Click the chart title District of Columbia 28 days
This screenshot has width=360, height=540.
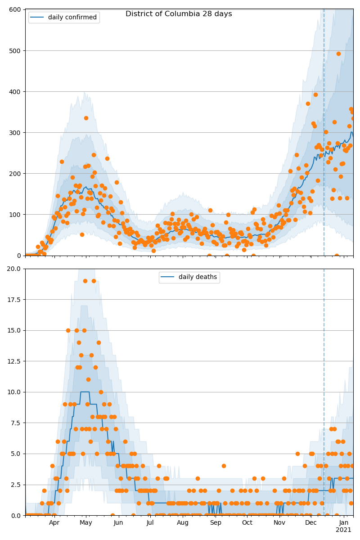pos(179,14)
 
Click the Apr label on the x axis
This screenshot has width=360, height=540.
pos(54,522)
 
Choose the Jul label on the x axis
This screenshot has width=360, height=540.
pos(150,522)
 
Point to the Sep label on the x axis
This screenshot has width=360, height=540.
pos(216,522)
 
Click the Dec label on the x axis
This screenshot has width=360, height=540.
pos(311,522)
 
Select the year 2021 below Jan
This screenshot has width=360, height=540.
pos(343,530)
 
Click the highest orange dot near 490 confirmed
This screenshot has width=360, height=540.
pos(338,54)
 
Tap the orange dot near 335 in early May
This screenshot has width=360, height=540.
pos(86,118)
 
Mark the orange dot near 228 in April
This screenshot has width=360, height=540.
pos(62,162)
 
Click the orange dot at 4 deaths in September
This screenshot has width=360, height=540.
pos(224,466)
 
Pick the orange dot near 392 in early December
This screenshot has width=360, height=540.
pos(315,94)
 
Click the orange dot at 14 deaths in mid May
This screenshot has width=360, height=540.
pos(99,342)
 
